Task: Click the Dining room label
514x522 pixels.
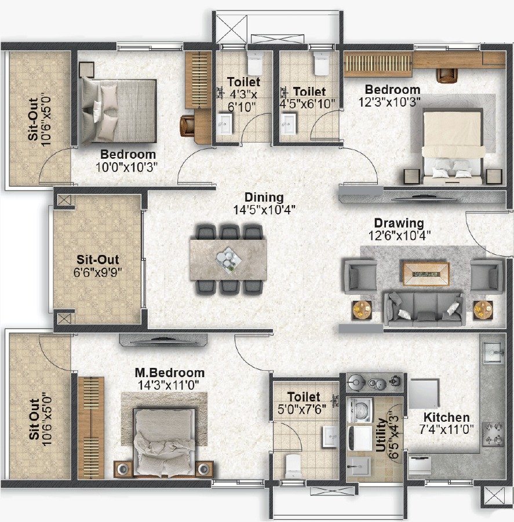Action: [x=264, y=197]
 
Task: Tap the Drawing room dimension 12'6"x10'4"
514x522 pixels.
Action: [x=399, y=236]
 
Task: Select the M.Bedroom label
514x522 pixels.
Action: [x=169, y=373]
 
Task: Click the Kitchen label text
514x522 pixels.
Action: [x=446, y=417]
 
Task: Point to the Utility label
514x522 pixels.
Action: [x=381, y=435]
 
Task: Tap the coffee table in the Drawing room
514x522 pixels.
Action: [x=426, y=273]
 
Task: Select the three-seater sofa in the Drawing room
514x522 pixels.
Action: [x=424, y=309]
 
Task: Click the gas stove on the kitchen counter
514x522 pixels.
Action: [x=493, y=433]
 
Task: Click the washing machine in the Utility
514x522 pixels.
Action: [x=359, y=409]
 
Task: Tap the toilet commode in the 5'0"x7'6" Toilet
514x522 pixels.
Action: [x=293, y=466]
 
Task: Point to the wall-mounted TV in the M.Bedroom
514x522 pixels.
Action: [x=163, y=340]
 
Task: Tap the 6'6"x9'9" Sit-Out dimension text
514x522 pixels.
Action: [x=98, y=272]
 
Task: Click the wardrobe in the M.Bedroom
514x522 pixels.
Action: [x=91, y=428]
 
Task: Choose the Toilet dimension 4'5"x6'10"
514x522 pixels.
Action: [x=307, y=104]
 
